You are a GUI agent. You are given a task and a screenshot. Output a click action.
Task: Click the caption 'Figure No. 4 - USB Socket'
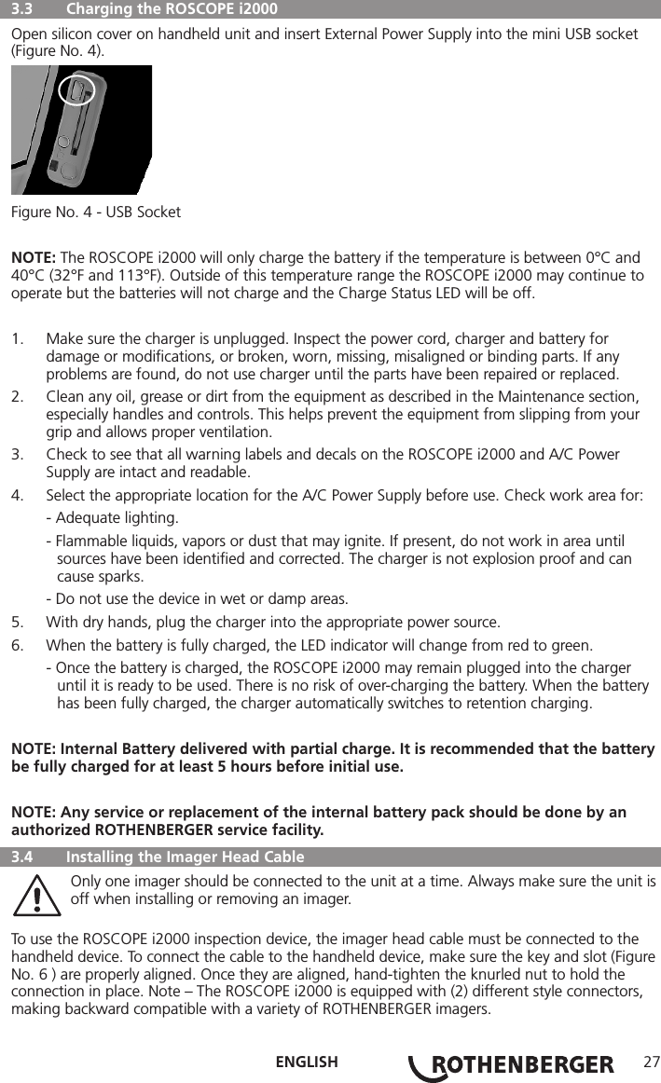pos(96,212)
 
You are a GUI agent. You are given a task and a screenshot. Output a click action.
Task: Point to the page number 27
pos(649,1062)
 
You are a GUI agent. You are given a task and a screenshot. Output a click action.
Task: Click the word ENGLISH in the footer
pos(307,1062)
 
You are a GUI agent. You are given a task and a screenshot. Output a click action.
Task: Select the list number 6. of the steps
pos(18,646)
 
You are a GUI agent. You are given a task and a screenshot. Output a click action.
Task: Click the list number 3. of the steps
pos(18,455)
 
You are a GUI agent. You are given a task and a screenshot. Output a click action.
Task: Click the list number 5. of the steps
pos(18,622)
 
